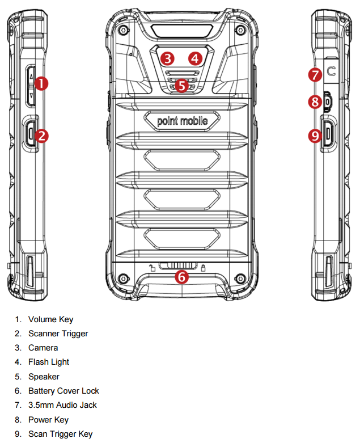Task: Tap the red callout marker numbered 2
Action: point(41,136)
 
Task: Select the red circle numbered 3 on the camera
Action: point(166,57)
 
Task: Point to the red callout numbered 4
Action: point(195,57)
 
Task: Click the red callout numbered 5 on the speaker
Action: point(181,86)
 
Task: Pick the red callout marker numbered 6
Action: point(181,277)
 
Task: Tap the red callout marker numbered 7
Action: point(315,74)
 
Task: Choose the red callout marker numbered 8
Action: point(315,102)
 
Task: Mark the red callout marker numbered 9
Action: point(315,136)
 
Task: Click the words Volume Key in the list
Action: point(50,319)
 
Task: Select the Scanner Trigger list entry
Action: point(58,334)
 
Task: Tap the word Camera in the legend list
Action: point(43,348)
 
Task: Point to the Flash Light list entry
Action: point(49,362)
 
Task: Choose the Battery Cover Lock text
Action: point(63,391)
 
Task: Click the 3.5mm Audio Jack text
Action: point(62,405)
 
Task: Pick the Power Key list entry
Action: point(48,420)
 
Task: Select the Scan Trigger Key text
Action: point(60,434)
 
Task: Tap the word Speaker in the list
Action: point(44,377)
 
